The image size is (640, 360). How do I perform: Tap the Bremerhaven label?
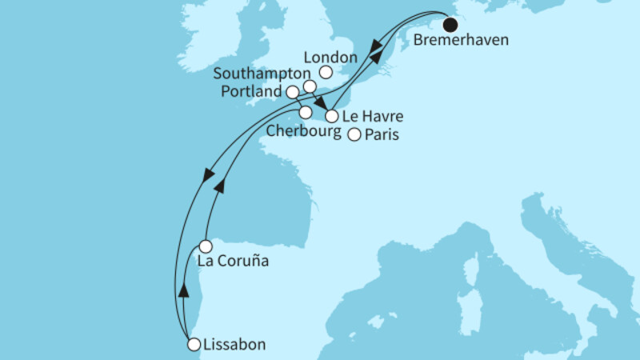(x=462, y=40)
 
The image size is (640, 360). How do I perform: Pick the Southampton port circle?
(x=310, y=86)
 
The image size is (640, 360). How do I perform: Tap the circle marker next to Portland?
(x=293, y=92)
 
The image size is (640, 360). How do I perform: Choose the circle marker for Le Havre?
(x=331, y=117)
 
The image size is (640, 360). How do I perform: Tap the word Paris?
(x=381, y=136)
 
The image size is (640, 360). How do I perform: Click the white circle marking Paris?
(x=354, y=136)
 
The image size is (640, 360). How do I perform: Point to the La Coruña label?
(x=232, y=262)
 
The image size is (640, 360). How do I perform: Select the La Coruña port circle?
(x=206, y=246)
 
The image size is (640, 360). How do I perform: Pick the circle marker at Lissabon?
(x=193, y=345)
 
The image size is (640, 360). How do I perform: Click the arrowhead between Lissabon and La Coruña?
(x=184, y=290)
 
